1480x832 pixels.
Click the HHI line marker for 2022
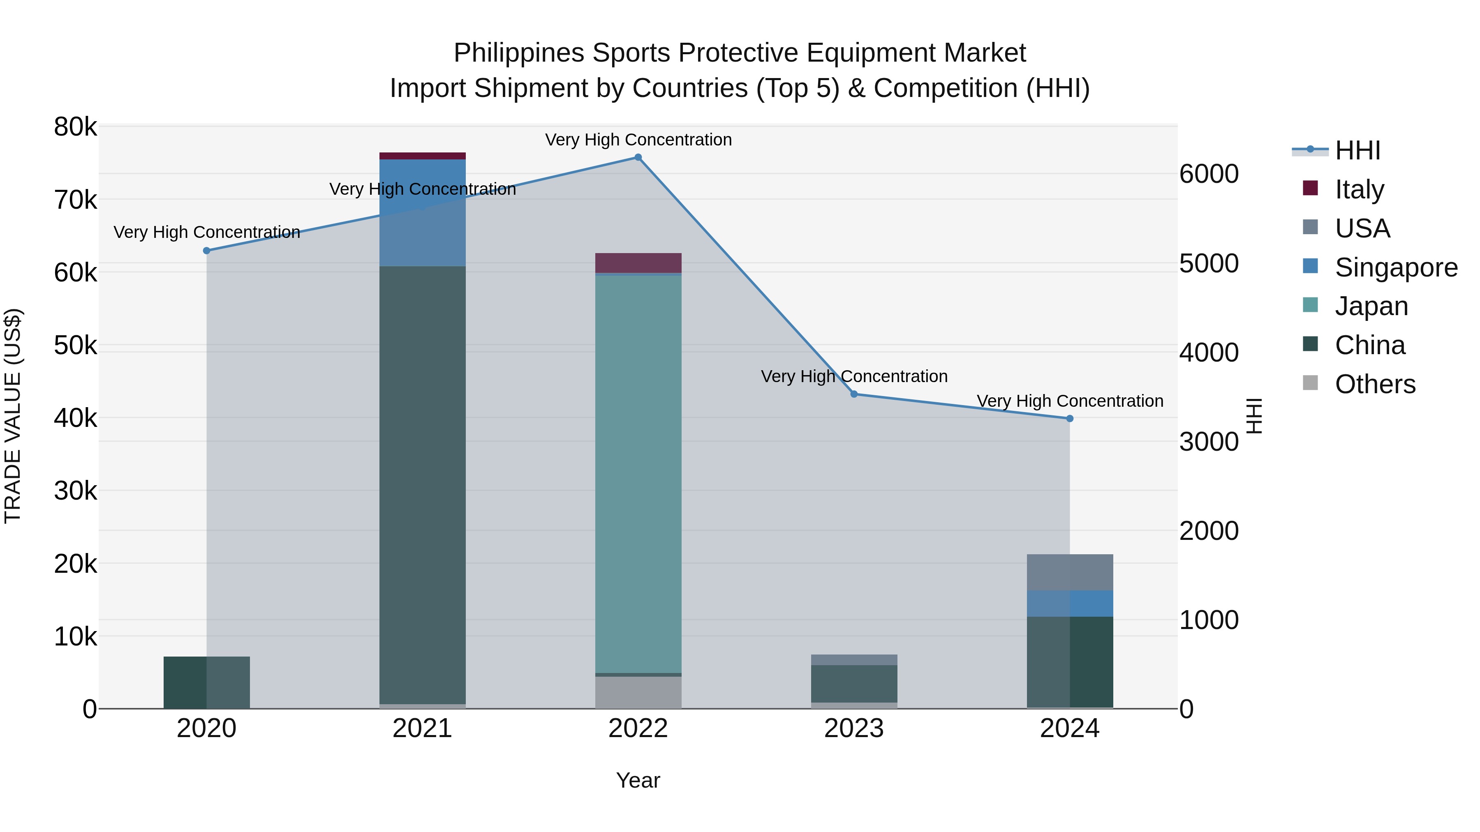pyautogui.click(x=638, y=157)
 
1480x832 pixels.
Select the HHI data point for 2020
pyautogui.click(x=207, y=251)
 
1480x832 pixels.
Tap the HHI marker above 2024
pyautogui.click(x=1069, y=419)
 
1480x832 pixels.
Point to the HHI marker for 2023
pyautogui.click(x=854, y=394)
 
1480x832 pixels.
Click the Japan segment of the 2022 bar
pyautogui.click(x=638, y=474)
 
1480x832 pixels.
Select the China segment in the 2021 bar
pyautogui.click(x=422, y=485)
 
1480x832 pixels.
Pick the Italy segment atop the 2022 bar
pyautogui.click(x=638, y=263)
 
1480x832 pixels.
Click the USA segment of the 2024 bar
pyautogui.click(x=1069, y=572)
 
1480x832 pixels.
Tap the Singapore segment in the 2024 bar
pyautogui.click(x=1069, y=604)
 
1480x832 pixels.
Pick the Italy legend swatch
pyautogui.click(x=1311, y=188)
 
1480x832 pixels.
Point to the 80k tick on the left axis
pyautogui.click(x=75, y=127)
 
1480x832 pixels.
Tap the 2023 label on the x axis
pyautogui.click(x=854, y=728)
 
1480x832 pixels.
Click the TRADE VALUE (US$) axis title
pyautogui.click(x=13, y=416)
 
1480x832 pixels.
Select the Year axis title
pyautogui.click(x=638, y=780)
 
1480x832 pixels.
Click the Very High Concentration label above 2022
pyautogui.click(x=638, y=140)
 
